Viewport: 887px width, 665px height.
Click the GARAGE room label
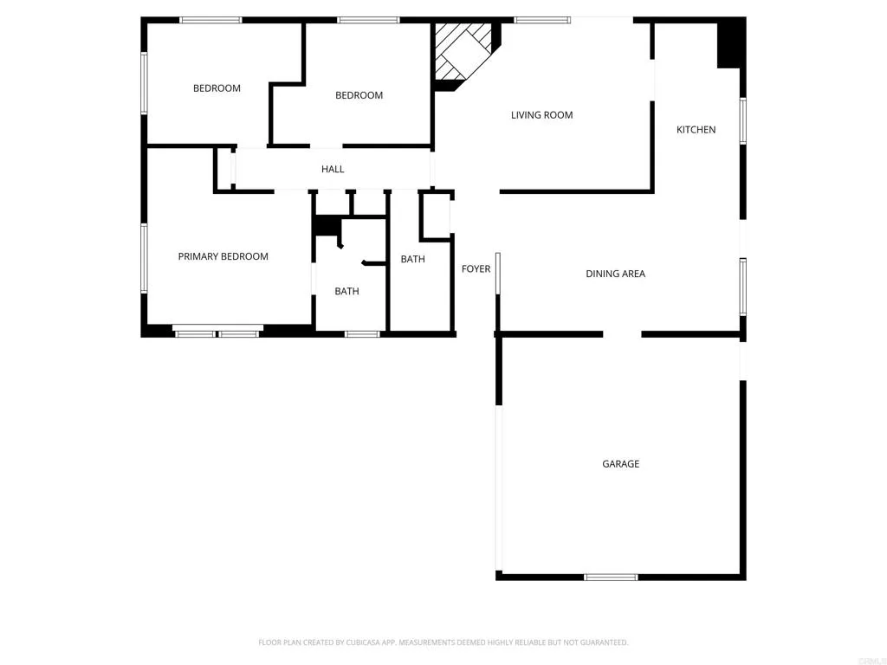click(620, 464)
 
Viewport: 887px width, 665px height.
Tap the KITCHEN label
click(696, 130)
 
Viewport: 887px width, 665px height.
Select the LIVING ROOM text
click(541, 115)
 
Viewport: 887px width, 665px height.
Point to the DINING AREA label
click(615, 274)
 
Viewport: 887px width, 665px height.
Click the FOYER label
click(476, 269)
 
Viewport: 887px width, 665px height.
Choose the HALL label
click(333, 170)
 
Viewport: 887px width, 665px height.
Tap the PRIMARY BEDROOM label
click(223, 256)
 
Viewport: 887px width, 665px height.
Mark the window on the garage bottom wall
click(611, 577)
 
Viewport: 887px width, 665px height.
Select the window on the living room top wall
click(542, 19)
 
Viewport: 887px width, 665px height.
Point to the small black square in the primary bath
click(326, 226)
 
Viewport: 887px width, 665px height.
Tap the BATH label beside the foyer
click(412, 260)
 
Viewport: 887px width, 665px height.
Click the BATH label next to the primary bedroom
click(346, 292)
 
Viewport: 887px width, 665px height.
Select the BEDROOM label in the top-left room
click(217, 88)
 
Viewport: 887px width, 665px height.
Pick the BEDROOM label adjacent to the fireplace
click(359, 95)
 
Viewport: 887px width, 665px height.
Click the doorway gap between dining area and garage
click(622, 333)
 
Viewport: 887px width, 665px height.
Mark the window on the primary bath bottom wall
click(362, 333)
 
